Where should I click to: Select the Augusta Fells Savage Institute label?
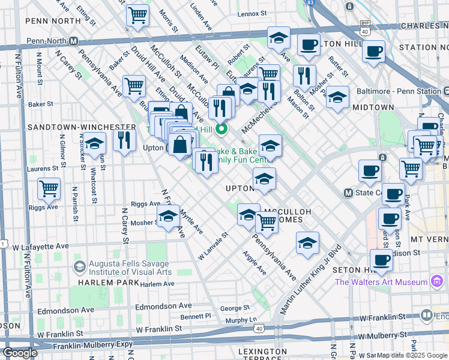point(130,267)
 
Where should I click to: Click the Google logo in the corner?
point(20,353)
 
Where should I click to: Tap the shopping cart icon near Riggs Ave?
point(49,189)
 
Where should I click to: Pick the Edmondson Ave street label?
point(65,310)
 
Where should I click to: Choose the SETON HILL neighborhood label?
point(354,271)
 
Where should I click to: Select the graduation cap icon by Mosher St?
point(169,217)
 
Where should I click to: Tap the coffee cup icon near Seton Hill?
point(381,260)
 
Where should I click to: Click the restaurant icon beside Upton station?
point(124,140)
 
